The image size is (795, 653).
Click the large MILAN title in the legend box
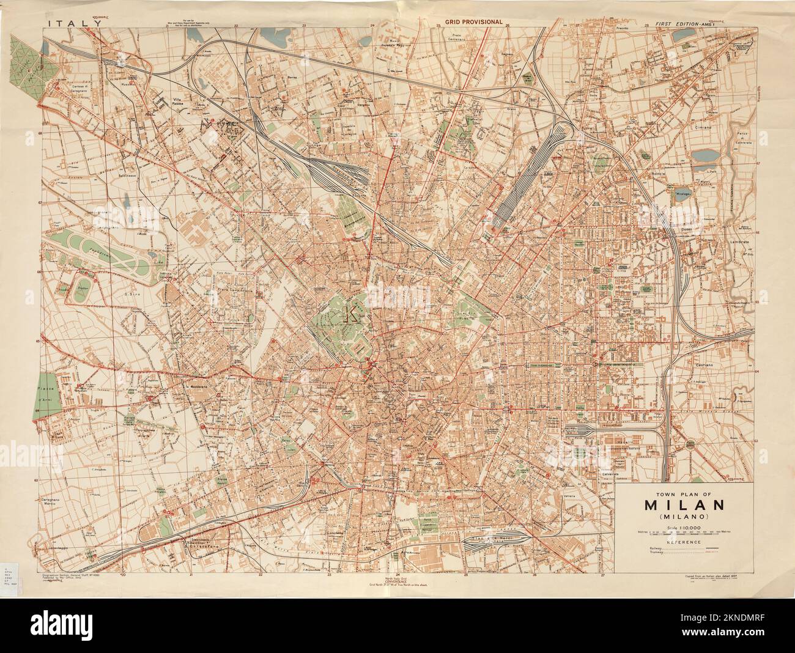coord(684,505)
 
